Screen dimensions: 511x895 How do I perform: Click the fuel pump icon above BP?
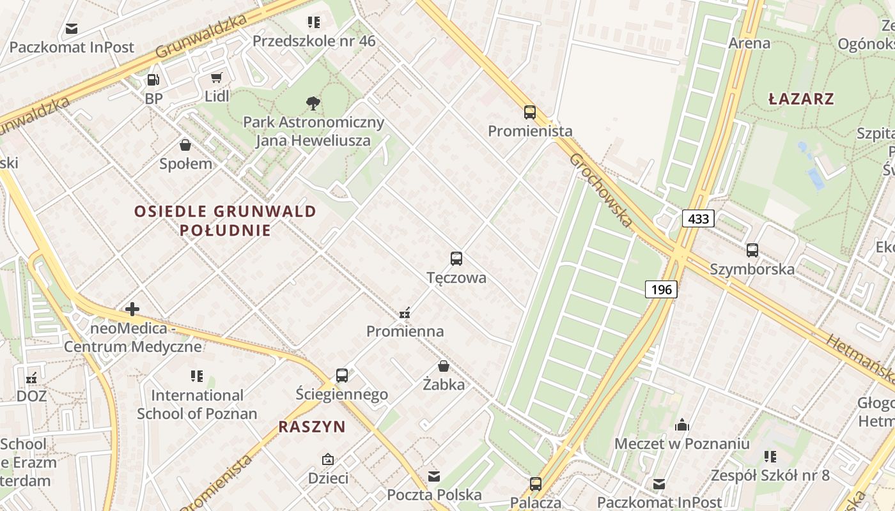click(153, 80)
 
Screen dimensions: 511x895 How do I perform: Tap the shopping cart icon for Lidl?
click(217, 78)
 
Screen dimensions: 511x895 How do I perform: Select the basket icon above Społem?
click(185, 145)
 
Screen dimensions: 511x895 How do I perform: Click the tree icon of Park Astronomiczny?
click(313, 103)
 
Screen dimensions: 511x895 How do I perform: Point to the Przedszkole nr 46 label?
click(314, 42)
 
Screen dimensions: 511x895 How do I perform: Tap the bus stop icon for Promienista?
click(530, 112)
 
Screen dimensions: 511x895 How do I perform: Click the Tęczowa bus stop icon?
click(456, 259)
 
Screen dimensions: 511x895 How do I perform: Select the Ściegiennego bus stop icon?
click(342, 376)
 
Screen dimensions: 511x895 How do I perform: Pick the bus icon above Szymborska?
click(752, 250)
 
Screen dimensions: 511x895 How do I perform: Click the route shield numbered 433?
click(698, 219)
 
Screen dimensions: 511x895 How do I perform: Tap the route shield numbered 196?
click(661, 289)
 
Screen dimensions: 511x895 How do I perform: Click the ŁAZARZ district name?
click(801, 99)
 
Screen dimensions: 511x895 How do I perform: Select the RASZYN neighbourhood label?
click(312, 427)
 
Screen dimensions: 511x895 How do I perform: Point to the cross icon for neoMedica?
click(132, 310)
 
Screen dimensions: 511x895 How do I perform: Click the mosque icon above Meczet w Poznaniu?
click(682, 425)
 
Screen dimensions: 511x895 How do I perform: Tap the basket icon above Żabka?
click(444, 366)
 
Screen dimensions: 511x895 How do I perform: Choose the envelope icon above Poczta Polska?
click(434, 476)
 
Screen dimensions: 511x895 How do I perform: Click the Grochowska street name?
click(600, 190)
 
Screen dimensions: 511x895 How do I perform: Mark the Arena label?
click(749, 43)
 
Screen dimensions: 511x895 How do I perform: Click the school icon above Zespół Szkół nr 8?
click(770, 457)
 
